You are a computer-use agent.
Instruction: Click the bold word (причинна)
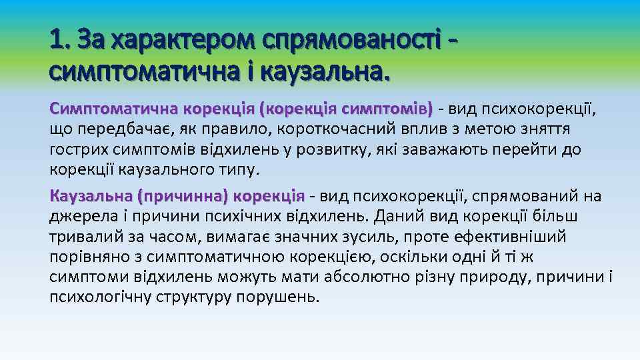[182, 196]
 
